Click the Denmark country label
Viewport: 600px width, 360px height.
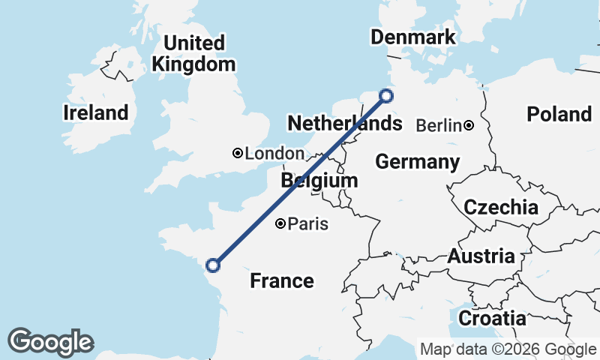pos(413,37)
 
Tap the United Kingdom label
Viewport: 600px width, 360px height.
pos(193,53)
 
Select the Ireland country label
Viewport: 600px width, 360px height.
pos(96,113)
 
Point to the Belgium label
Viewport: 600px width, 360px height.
pos(319,181)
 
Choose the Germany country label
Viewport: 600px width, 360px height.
pos(418,161)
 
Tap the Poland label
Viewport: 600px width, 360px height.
pos(559,114)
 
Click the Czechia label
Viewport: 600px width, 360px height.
pos(501,208)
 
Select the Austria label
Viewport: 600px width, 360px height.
pos(481,256)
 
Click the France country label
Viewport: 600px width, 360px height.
pos(282,281)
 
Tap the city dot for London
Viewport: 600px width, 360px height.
pos(238,153)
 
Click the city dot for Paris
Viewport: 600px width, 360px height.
pos(280,223)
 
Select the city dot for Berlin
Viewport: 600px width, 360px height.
pos(469,125)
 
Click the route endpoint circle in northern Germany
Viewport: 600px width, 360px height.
pos(386,95)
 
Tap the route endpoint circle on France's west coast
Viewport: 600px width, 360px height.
pos(213,265)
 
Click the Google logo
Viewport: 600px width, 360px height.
pos(50,342)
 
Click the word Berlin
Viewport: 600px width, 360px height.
pos(437,125)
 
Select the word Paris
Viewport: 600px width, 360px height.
pos(307,223)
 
